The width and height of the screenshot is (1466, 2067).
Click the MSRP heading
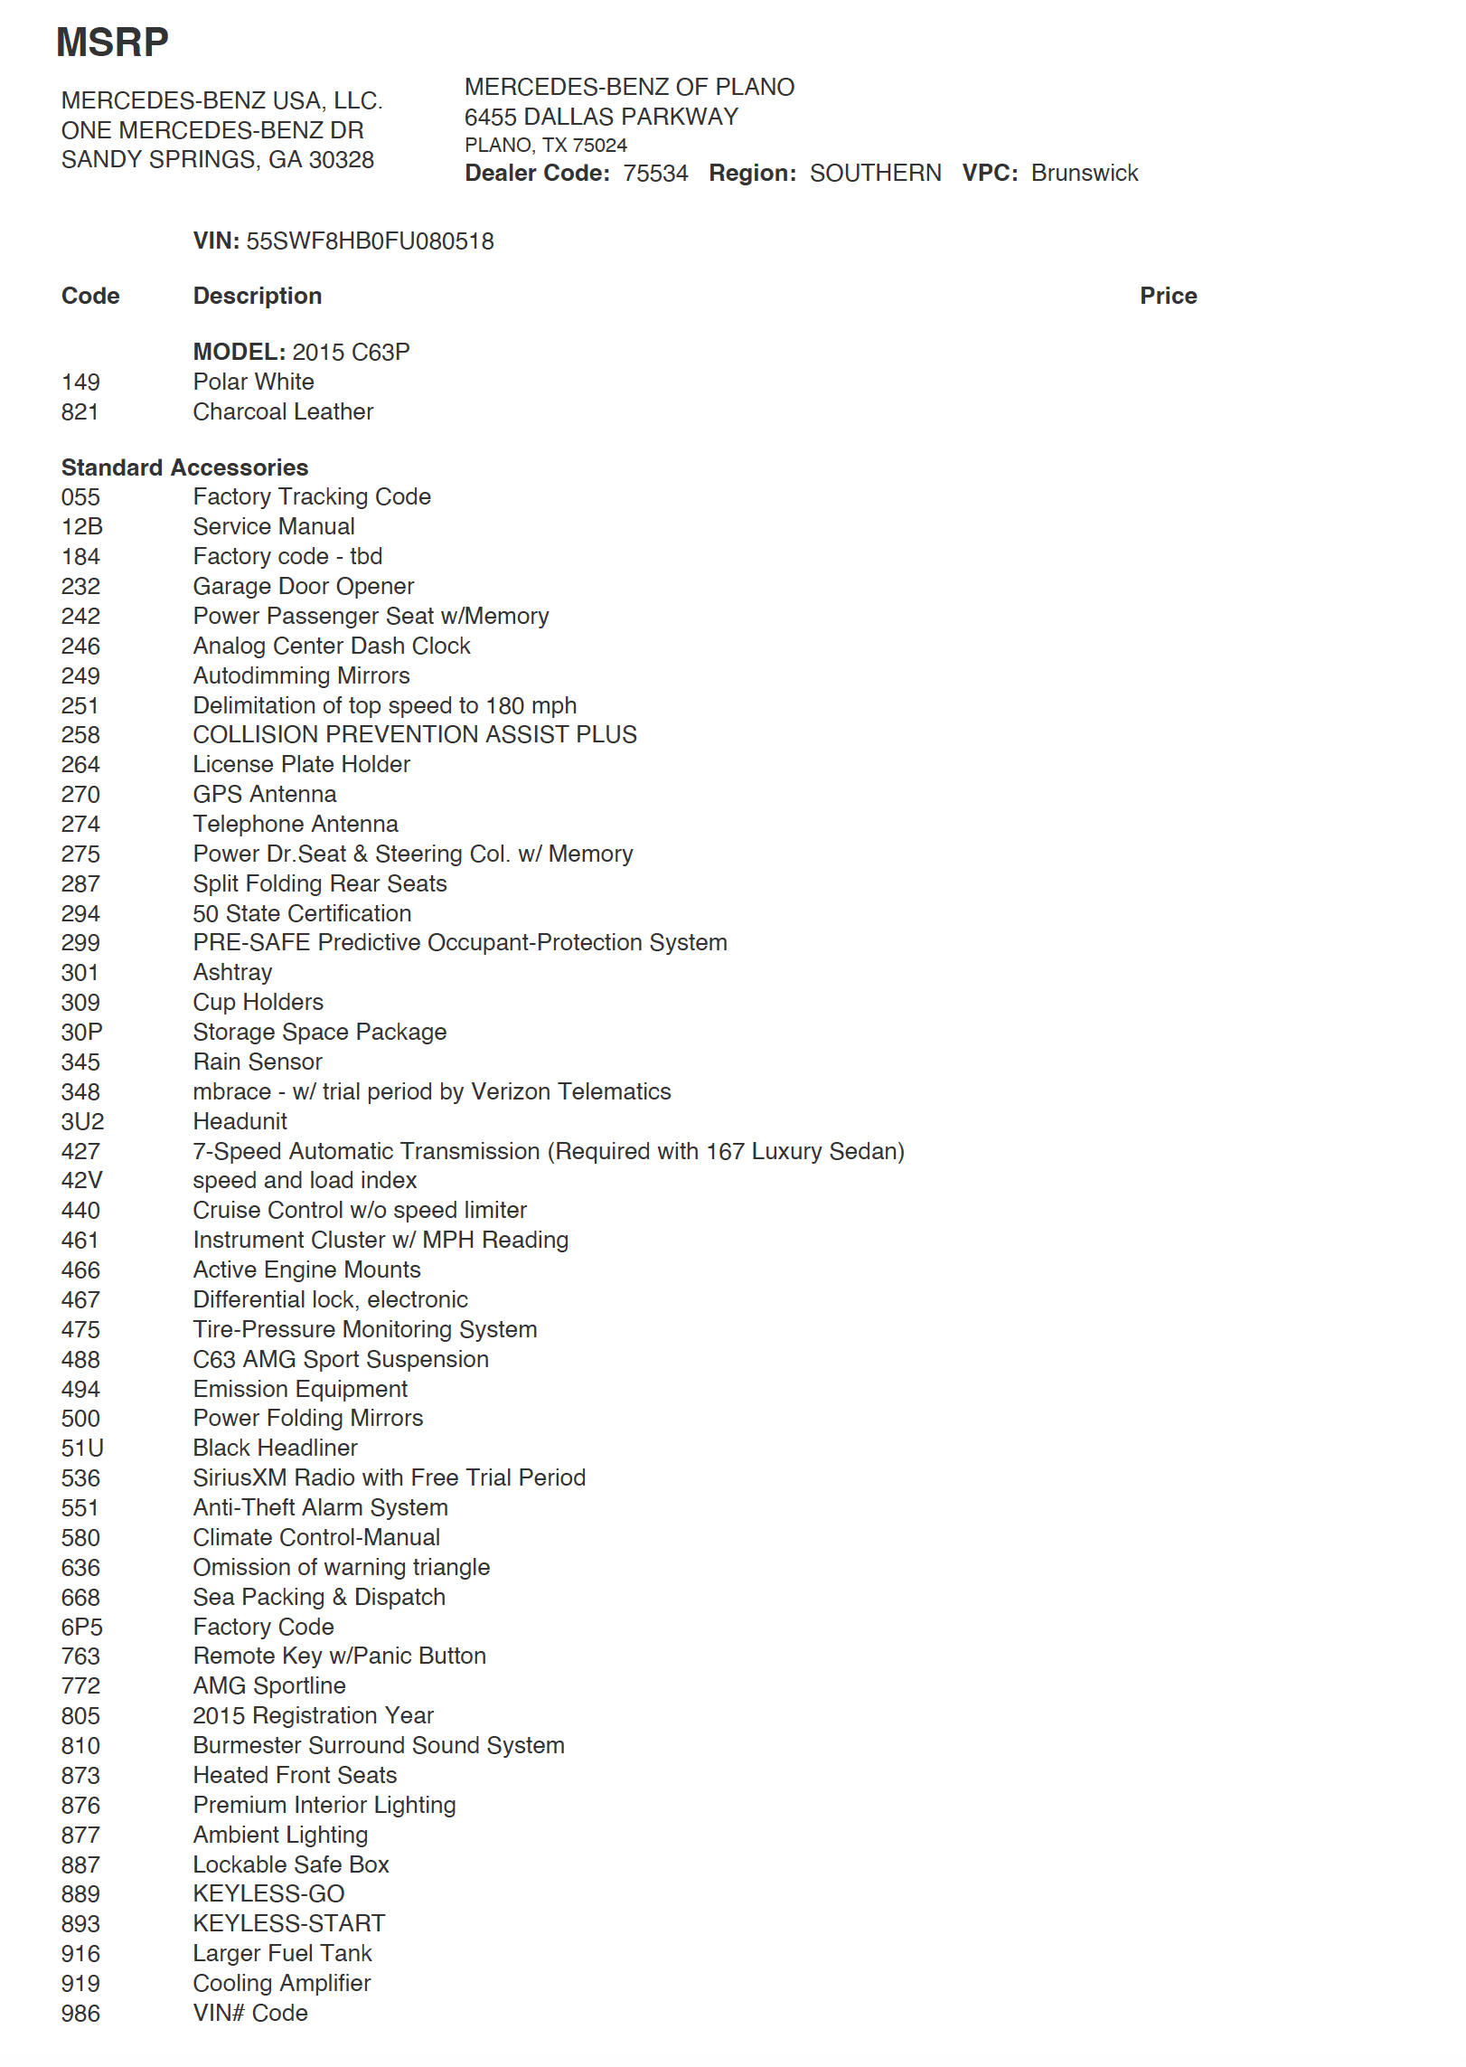(x=112, y=42)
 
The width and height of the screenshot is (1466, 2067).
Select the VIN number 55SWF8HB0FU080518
(x=370, y=241)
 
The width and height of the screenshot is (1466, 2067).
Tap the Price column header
(x=1168, y=296)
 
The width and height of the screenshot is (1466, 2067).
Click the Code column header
(x=90, y=296)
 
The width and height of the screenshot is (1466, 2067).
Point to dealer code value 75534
(x=655, y=173)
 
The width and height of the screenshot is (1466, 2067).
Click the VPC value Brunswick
(x=1085, y=173)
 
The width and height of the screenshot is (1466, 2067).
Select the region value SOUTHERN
(x=875, y=173)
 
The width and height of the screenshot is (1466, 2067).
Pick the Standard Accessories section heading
(x=184, y=467)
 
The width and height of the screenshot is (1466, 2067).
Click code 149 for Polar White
(x=80, y=382)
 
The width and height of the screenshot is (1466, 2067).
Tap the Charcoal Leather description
(x=283, y=411)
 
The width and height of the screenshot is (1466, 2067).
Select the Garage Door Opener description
(x=304, y=586)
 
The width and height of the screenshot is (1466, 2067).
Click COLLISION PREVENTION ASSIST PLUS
(x=415, y=734)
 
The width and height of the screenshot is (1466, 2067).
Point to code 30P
(x=81, y=1032)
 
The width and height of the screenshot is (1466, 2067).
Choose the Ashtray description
(x=232, y=972)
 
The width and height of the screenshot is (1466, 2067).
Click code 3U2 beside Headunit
(x=82, y=1121)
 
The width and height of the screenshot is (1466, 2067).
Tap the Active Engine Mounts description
(x=307, y=1269)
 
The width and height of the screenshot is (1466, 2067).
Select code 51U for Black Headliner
(x=82, y=1448)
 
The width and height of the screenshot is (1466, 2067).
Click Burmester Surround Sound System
(x=379, y=1745)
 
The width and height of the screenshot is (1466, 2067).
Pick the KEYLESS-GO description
(x=268, y=1893)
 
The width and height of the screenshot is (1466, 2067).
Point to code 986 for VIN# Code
(x=80, y=2013)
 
